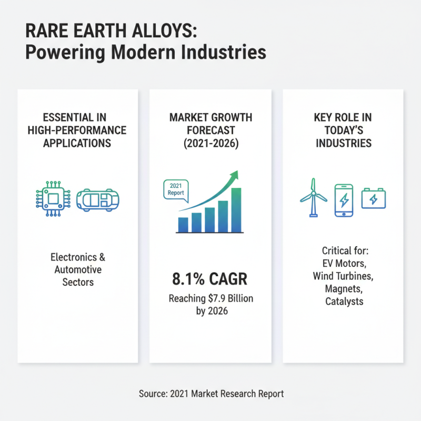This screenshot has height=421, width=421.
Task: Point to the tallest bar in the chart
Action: click(x=236, y=210)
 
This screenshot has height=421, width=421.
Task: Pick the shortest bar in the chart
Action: click(x=183, y=225)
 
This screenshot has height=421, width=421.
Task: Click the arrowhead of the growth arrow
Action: click(x=234, y=175)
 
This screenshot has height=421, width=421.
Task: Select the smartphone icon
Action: click(x=344, y=200)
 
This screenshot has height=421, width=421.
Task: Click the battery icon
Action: click(x=373, y=199)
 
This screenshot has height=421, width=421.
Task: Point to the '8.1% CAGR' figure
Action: click(x=210, y=279)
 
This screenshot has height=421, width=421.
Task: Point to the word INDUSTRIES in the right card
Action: click(x=343, y=143)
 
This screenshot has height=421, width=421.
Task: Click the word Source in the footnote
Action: click(x=153, y=393)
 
